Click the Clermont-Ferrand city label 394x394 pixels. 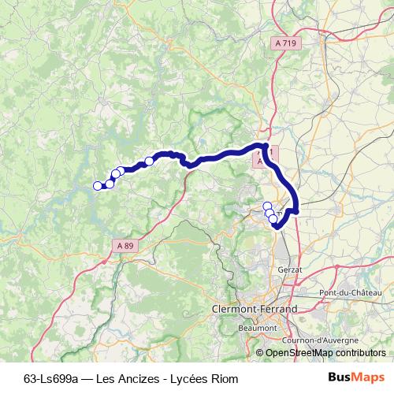click(x=255, y=310)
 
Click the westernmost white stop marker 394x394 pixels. click(x=98, y=186)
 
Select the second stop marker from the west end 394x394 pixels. click(x=110, y=184)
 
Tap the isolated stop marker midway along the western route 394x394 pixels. click(x=149, y=162)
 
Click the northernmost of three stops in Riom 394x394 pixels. click(x=267, y=206)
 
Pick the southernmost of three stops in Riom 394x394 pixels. click(x=274, y=220)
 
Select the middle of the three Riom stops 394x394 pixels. click(x=270, y=213)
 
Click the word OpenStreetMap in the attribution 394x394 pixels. click(x=298, y=354)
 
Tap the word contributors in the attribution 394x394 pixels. click(x=360, y=354)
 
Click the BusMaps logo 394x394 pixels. click(x=356, y=377)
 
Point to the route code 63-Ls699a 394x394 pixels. click(x=51, y=378)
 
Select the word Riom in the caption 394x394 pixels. click(x=224, y=378)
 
